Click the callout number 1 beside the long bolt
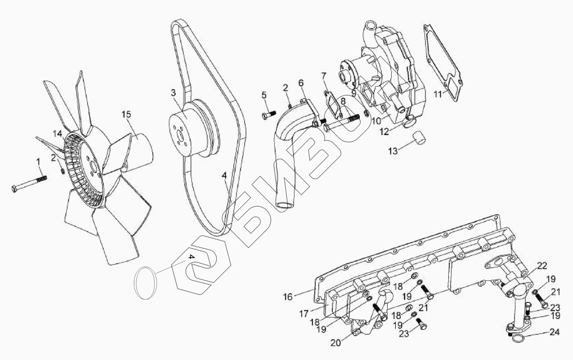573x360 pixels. coord(38,163)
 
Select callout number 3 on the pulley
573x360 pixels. coord(173,93)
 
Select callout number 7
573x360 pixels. coord(323,74)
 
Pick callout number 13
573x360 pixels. coord(393,151)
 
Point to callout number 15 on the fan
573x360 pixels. coord(126,114)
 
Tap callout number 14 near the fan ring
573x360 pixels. coord(57,134)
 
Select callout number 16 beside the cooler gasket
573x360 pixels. coord(288,296)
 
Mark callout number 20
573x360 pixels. coord(335,343)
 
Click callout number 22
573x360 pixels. coord(542,266)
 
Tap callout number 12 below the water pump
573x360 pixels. coord(384,131)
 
